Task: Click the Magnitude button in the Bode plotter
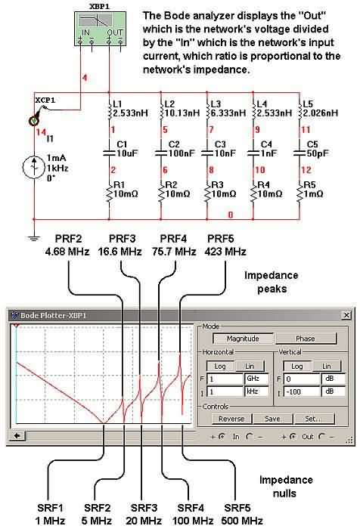pyautogui.click(x=243, y=339)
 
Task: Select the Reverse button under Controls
pyautogui.click(x=231, y=419)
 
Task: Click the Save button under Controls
pyautogui.click(x=272, y=419)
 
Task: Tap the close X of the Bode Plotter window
pyautogui.click(x=346, y=315)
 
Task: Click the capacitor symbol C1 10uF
pyautogui.click(x=110, y=153)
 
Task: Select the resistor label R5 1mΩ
pyautogui.click(x=313, y=189)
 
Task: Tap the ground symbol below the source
pyautogui.click(x=33, y=239)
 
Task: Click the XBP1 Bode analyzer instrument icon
pyautogui.click(x=100, y=29)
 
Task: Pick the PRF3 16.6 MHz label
pyautogui.click(x=120, y=245)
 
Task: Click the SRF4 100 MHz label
pyautogui.click(x=193, y=514)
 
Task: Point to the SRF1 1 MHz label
pyautogui.click(x=50, y=514)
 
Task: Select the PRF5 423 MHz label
pyautogui.click(x=225, y=245)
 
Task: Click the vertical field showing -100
pyautogui.click(x=302, y=391)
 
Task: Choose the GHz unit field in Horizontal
pyautogui.click(x=256, y=379)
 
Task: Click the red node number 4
pyautogui.click(x=85, y=78)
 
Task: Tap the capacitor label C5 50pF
pyautogui.click(x=318, y=149)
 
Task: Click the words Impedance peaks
pyautogui.click(x=272, y=282)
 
